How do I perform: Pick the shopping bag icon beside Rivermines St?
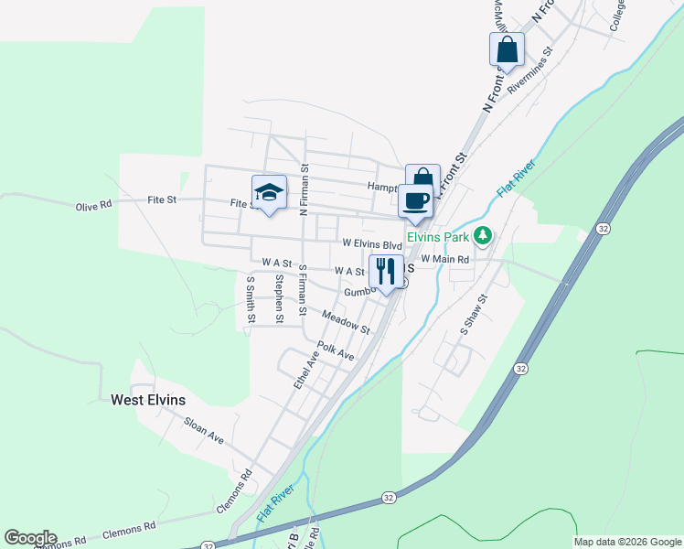[507, 50]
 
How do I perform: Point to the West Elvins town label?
[148, 400]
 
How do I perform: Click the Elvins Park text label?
[438, 236]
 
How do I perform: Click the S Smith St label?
[250, 300]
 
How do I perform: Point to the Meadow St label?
[346, 322]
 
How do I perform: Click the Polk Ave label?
[335, 351]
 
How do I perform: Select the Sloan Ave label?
[204, 429]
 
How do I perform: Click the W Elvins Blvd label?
[372, 245]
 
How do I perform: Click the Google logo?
[30, 538]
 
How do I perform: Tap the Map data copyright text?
[627, 542]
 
